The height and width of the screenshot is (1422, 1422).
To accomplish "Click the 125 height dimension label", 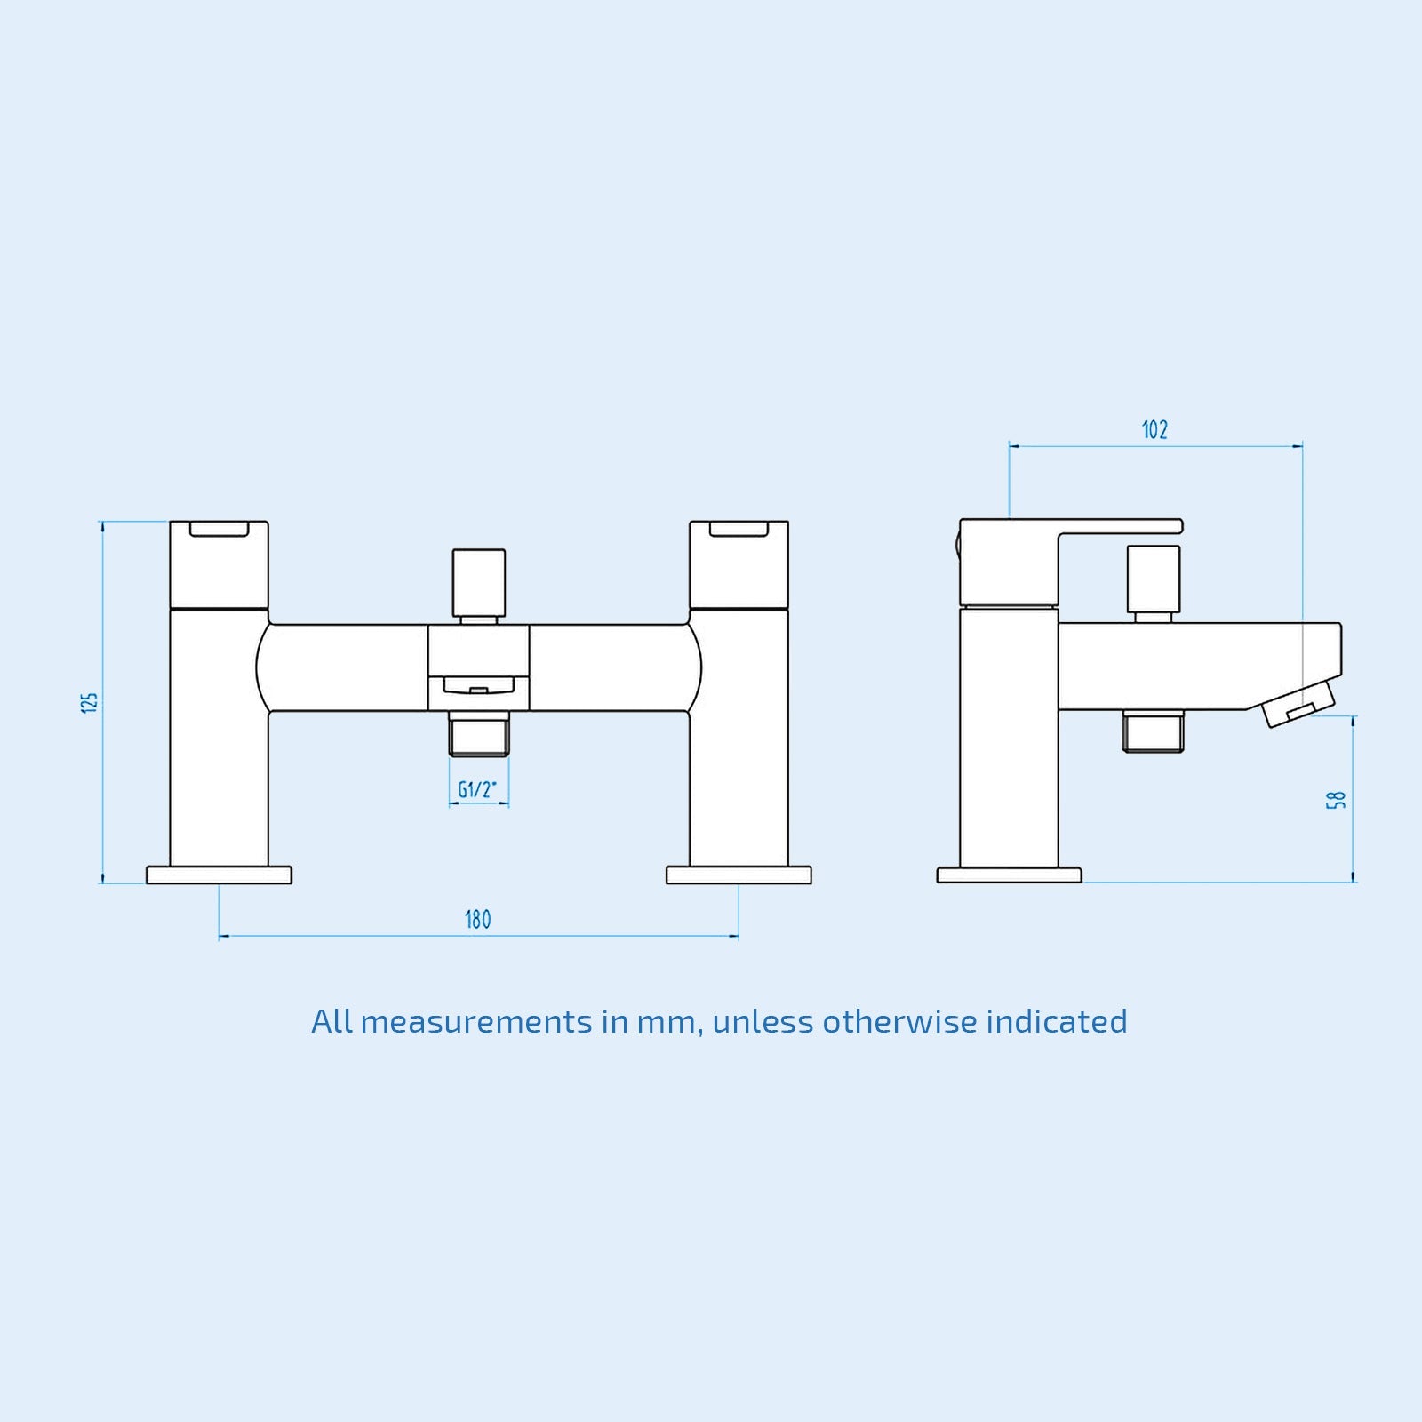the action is tap(89, 701).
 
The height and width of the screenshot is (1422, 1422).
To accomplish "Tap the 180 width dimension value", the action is tap(478, 920).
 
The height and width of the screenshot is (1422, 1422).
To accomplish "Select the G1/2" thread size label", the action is tap(478, 789).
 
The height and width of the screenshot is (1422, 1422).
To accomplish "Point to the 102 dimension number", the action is tap(1154, 430).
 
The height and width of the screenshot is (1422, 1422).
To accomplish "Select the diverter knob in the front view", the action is tap(478, 582).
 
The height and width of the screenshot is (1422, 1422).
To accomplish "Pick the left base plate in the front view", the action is tap(219, 875).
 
